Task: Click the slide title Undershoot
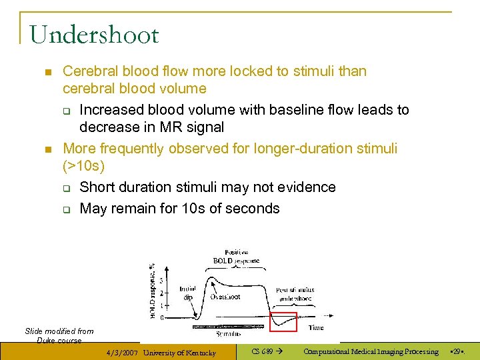(94, 35)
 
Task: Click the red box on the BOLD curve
(283, 321)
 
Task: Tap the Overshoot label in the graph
(225, 297)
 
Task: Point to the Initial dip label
(187, 293)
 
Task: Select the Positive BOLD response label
(236, 256)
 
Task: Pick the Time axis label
(316, 327)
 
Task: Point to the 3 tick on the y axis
(161, 281)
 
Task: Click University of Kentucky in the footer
(179, 352)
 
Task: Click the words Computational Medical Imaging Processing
(371, 351)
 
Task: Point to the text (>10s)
(84, 165)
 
